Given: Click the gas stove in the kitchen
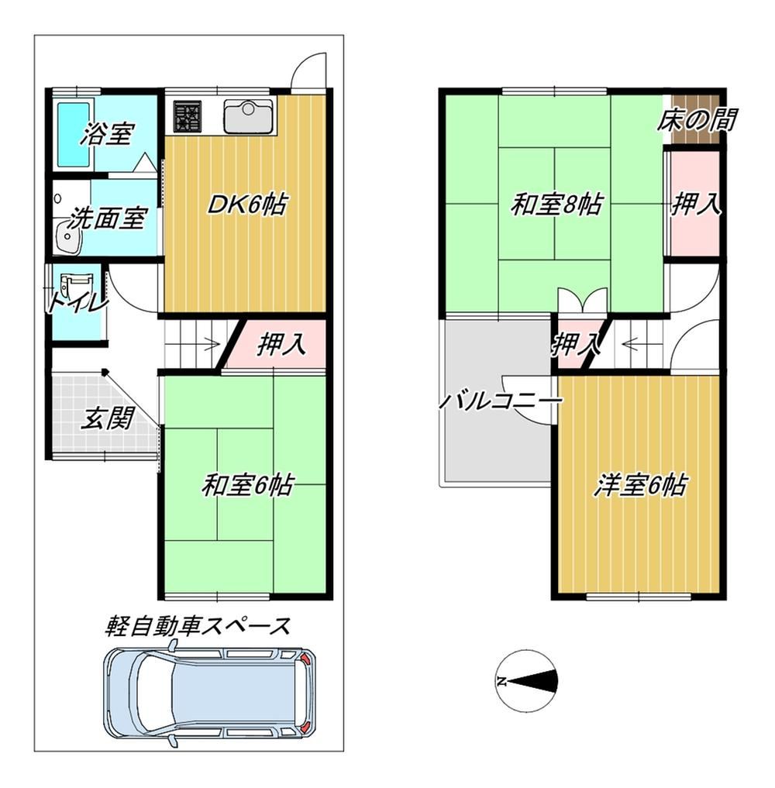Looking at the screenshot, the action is click(188, 116).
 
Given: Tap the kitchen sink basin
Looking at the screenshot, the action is click(248, 117).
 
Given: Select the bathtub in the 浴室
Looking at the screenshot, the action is click(74, 135).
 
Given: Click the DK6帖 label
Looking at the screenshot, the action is click(247, 205).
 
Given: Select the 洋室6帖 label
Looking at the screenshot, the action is click(639, 486).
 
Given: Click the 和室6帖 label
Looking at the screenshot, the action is click(247, 486).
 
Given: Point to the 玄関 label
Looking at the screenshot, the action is click(108, 418).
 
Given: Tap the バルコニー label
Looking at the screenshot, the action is click(501, 401).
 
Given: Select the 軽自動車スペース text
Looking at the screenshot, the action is click(198, 626).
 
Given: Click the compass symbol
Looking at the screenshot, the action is click(526, 681).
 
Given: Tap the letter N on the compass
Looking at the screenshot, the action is click(501, 681).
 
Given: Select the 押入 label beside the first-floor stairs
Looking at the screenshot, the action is click(281, 346).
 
